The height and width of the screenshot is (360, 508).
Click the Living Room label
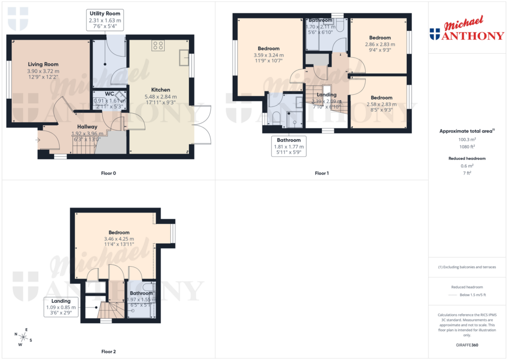43,64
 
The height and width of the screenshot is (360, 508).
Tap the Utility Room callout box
105,20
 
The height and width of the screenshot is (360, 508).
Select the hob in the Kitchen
158,46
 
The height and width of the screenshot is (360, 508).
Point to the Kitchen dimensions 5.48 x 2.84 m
160,97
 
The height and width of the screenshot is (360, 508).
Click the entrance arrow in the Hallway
39,140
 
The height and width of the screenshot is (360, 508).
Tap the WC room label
110,94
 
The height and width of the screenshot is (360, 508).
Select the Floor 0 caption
108,173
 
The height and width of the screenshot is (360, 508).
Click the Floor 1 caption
321,173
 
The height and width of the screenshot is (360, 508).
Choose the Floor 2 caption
108,352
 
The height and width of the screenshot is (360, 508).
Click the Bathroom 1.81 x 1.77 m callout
289,147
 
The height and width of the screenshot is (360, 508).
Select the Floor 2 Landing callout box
61,307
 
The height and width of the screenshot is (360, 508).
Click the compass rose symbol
23,337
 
